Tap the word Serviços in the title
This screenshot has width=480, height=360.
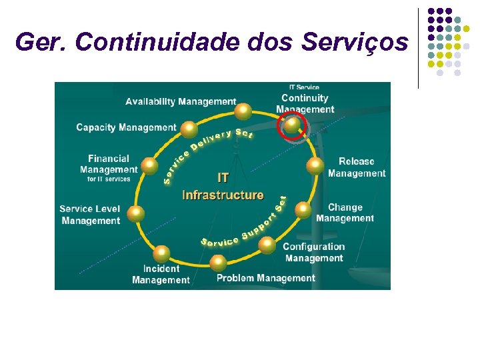tap(355, 42)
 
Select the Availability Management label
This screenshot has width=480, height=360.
tap(181, 102)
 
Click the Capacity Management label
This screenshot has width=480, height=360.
tap(126, 127)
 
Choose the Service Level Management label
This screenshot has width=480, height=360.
tap(90, 215)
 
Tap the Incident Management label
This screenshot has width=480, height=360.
tap(161, 274)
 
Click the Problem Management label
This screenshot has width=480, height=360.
tap(265, 278)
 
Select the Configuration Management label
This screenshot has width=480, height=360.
tap(313, 253)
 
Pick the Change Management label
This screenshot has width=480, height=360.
tap(345, 213)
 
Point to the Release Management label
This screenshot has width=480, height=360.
tap(357, 167)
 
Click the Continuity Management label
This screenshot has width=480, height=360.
tap(305, 103)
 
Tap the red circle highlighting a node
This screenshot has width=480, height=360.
tap(292, 126)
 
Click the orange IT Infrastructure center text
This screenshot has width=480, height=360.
tap(223, 187)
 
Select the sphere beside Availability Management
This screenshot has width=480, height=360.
tap(244, 111)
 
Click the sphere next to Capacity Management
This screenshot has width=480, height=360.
tap(189, 128)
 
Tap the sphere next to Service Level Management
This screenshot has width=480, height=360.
tap(136, 213)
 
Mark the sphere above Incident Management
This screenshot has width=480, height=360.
tap(161, 253)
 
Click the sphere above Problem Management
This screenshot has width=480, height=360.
tap(218, 263)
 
